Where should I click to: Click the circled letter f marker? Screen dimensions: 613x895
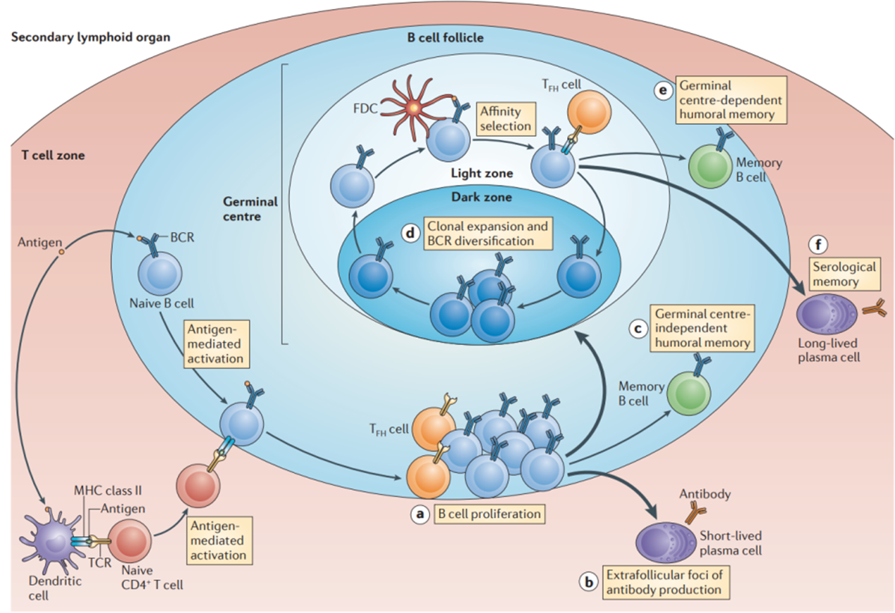point(820,244)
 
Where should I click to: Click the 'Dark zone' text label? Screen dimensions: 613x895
point(482,198)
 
